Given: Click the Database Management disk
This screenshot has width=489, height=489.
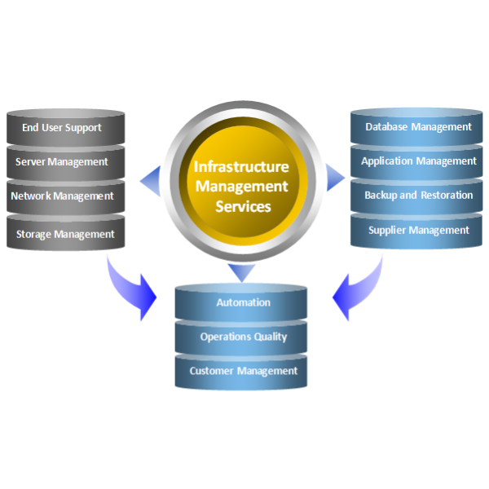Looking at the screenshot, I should [418, 127].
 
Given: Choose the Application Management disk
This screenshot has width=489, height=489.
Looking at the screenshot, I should [418, 161].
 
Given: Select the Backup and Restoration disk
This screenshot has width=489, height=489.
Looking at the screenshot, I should [418, 196].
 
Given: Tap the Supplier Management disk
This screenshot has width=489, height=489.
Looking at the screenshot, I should [418, 231].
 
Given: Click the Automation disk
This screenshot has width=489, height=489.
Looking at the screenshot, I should [243, 303].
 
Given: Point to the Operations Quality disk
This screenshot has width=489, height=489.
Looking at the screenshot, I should [243, 337].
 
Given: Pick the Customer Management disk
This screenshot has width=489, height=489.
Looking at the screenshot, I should [243, 372].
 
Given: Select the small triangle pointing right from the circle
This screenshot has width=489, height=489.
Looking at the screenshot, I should [335, 177].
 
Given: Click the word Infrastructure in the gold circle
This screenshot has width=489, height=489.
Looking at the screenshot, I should [241, 167].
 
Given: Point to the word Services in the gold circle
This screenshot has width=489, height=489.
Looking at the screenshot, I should [243, 207].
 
